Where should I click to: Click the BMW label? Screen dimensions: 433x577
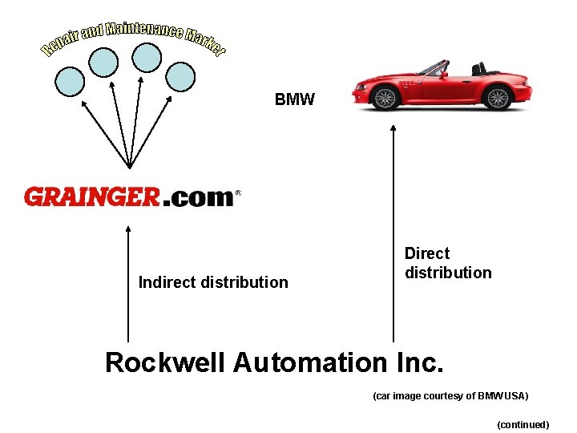295,100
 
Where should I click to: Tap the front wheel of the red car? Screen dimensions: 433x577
385,98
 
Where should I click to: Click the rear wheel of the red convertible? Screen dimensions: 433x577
498,98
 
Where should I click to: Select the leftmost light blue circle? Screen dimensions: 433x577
71,79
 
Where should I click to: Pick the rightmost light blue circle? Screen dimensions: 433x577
180,76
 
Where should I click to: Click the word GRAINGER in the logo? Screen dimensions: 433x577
92,197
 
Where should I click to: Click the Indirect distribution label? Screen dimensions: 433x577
213,282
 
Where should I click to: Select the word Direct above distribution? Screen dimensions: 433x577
427,253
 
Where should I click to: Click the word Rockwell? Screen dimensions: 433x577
165,362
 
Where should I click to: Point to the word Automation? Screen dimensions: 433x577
311,362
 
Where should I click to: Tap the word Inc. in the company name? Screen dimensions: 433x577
419,362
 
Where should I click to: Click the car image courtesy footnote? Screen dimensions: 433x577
450,396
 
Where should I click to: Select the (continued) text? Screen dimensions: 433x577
523,424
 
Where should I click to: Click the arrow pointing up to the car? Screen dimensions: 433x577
393,233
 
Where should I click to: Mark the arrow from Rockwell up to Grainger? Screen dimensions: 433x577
128,281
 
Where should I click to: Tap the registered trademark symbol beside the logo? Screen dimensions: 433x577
238,193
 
